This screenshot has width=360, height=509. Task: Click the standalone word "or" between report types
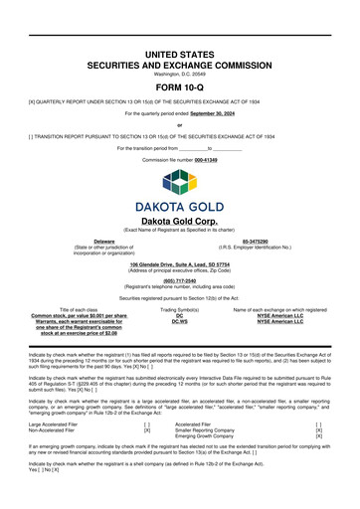(x=180, y=125)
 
